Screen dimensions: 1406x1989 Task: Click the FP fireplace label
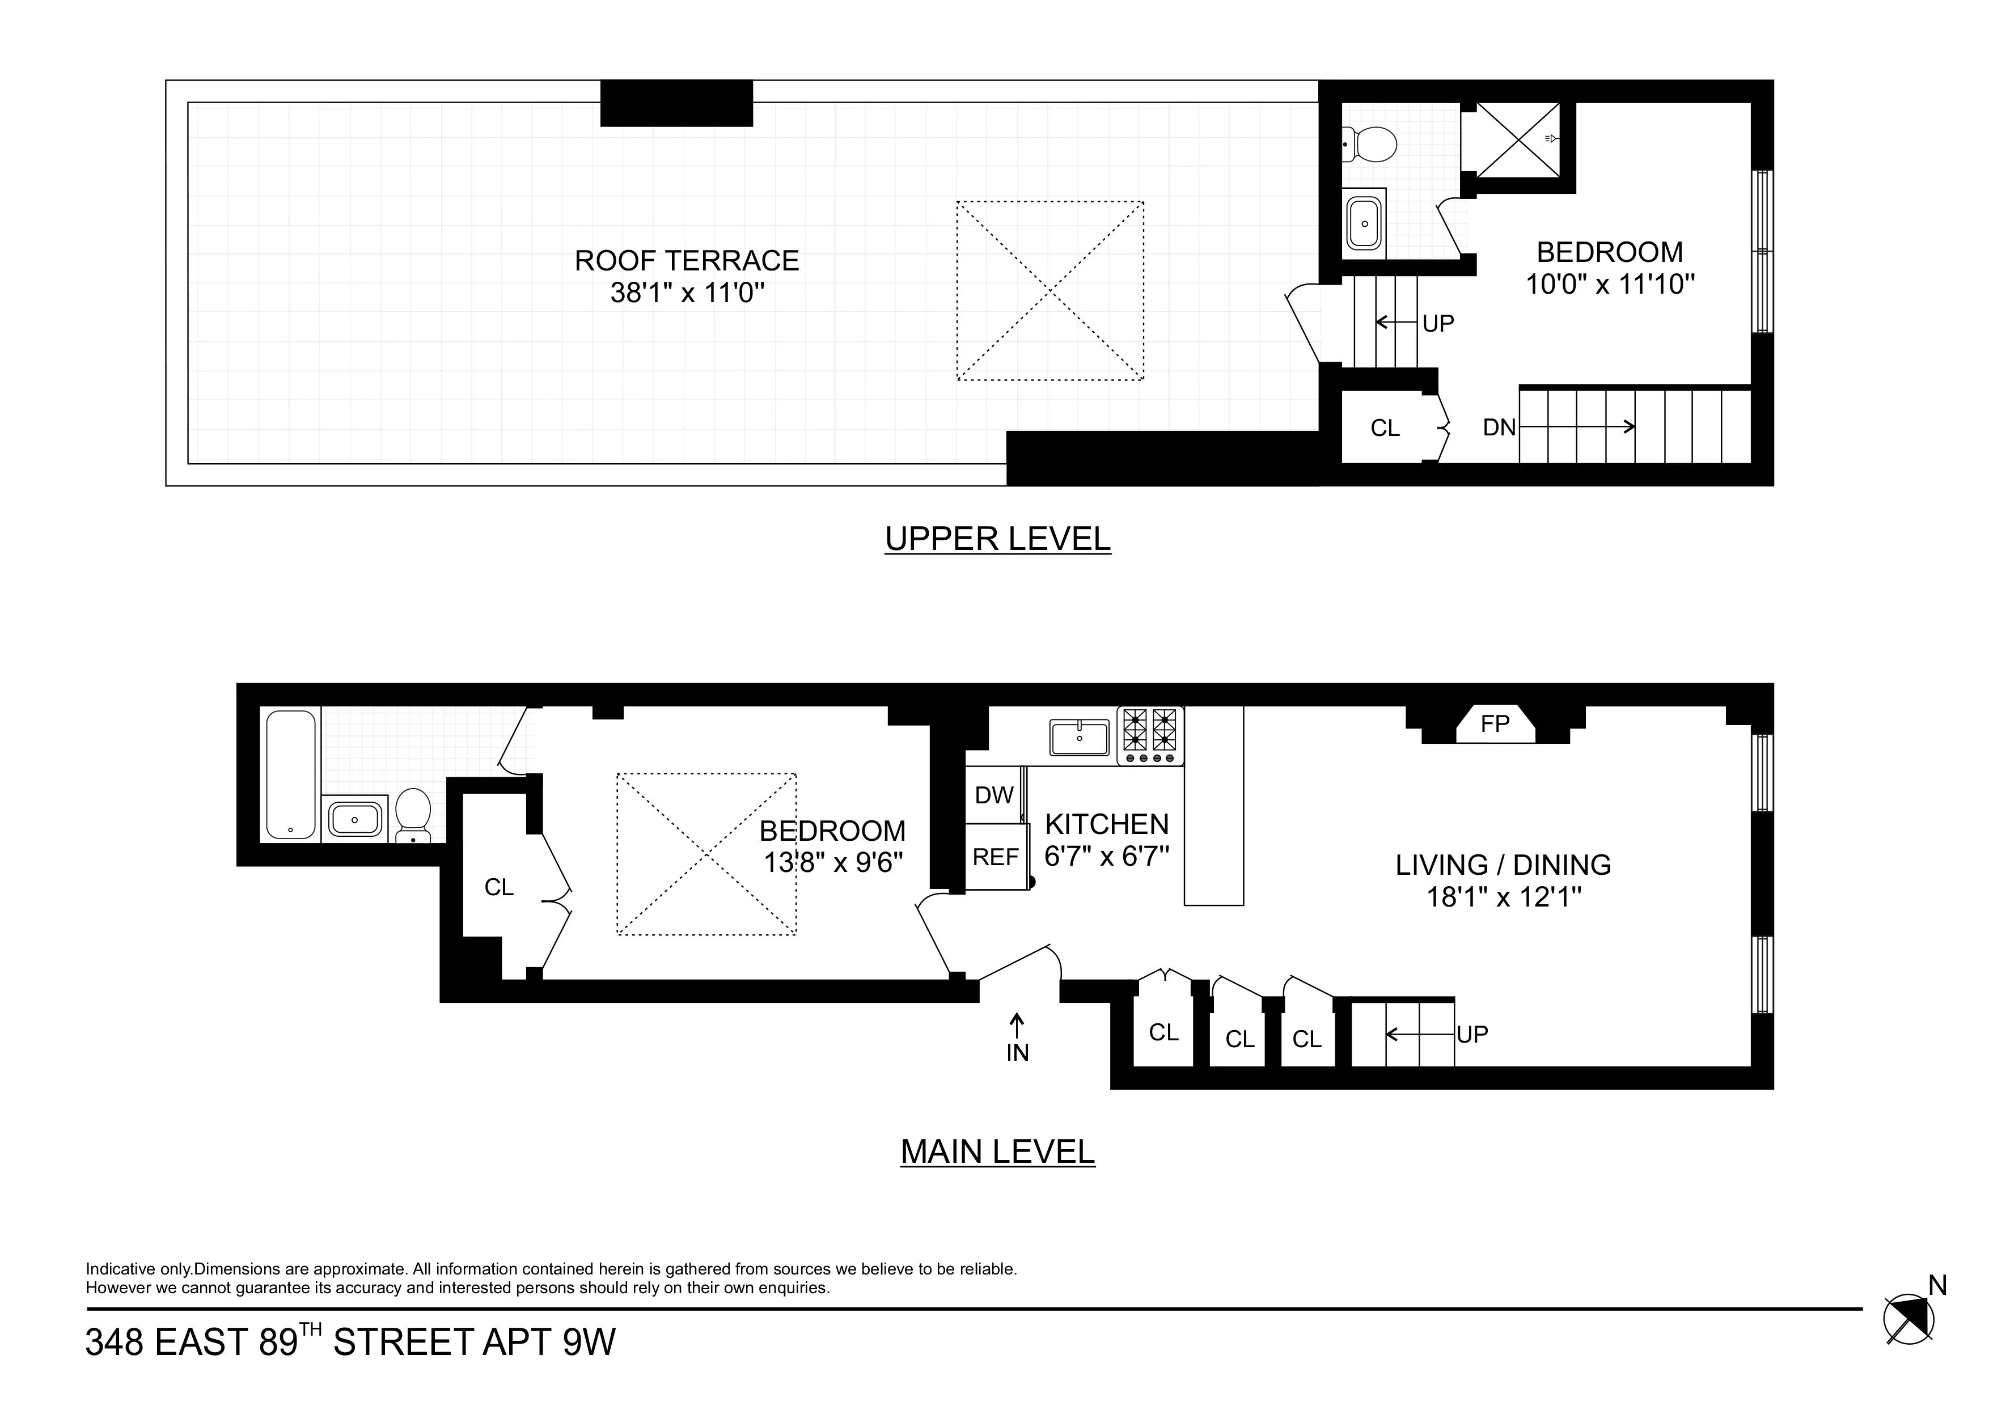pyautogui.click(x=1495, y=723)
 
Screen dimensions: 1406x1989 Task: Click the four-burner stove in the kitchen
pyautogui.click(x=1150, y=735)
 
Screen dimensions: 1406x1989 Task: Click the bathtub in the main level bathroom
pyautogui.click(x=291, y=774)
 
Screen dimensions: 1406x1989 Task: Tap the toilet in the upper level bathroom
pyautogui.click(x=1372, y=145)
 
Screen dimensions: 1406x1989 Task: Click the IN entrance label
pyautogui.click(x=1017, y=1053)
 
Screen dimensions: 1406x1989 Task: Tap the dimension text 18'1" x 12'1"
pyautogui.click(x=1504, y=897)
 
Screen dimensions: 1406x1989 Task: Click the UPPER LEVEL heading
pyautogui.click(x=997, y=539)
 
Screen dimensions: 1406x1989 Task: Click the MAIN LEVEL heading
pyautogui.click(x=997, y=1151)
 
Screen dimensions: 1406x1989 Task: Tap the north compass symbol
pyautogui.click(x=1908, y=1319)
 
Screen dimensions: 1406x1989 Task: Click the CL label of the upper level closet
pyautogui.click(x=1385, y=428)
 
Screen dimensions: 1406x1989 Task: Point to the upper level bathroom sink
pyautogui.click(x=1364, y=223)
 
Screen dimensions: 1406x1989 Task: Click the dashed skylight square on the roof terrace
pyautogui.click(x=1050, y=291)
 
